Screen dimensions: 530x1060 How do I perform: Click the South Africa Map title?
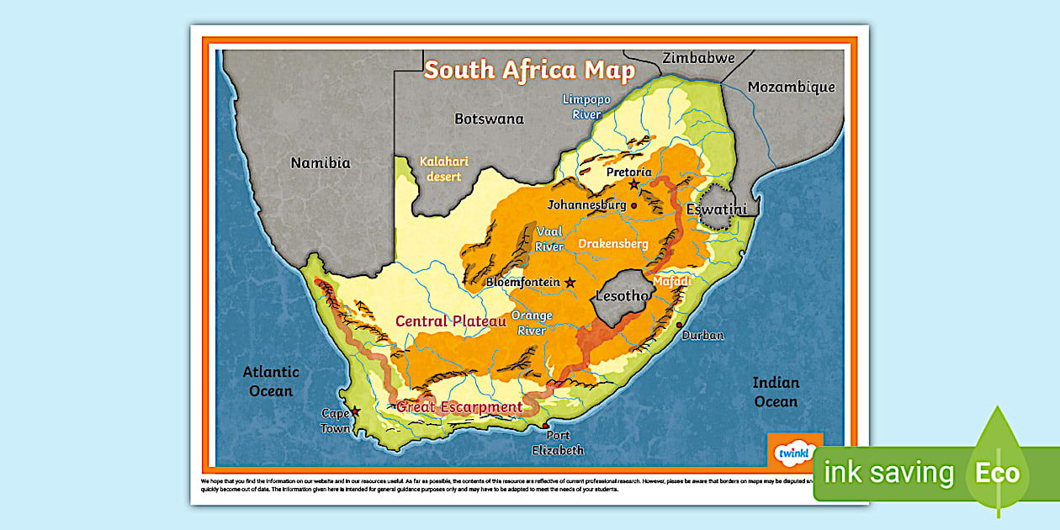(x=529, y=70)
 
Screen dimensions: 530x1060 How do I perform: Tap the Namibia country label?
(x=321, y=163)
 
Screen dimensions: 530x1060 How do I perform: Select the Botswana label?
(x=489, y=119)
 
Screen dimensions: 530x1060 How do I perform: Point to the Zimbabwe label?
(x=698, y=58)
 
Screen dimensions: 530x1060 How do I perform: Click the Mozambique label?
(x=791, y=87)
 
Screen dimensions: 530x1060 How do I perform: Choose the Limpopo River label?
(x=587, y=106)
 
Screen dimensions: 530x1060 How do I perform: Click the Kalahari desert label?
(x=444, y=168)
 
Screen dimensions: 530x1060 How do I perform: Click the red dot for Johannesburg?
(x=633, y=204)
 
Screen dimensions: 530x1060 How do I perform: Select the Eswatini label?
(x=717, y=209)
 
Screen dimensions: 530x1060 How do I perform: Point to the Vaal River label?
(x=549, y=239)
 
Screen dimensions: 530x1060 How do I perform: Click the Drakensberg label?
(x=613, y=244)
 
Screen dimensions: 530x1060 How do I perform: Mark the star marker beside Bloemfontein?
(x=570, y=283)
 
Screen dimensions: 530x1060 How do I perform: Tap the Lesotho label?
(x=623, y=296)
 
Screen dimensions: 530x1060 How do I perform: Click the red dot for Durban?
(x=679, y=325)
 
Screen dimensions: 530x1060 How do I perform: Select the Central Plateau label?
(x=451, y=321)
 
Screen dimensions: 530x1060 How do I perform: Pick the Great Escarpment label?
(x=459, y=407)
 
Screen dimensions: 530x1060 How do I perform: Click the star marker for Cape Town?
(x=355, y=411)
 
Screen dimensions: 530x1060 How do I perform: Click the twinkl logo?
(x=793, y=453)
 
